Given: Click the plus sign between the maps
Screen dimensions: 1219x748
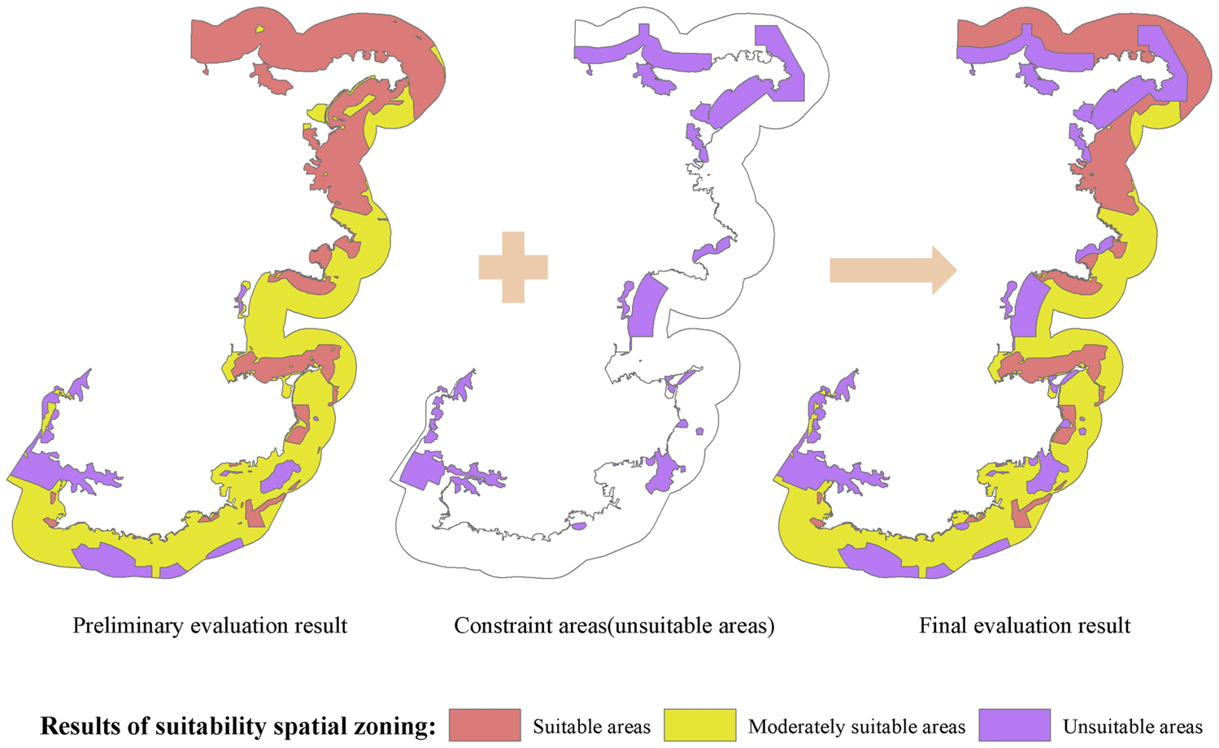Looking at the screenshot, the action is click(513, 267).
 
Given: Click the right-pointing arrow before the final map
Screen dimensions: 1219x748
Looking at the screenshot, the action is click(892, 270).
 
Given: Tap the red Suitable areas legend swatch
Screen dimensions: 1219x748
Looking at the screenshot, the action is click(485, 725).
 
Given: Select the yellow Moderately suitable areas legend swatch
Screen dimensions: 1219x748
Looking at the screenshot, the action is click(699, 725).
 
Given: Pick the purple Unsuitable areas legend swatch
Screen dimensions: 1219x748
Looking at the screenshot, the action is click(1014, 725).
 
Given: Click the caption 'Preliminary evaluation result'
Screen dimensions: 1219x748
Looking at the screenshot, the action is click(210, 625).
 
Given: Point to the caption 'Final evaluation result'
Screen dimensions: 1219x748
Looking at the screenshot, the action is click(1025, 625).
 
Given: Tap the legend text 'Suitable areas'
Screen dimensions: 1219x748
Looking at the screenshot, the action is click(591, 726).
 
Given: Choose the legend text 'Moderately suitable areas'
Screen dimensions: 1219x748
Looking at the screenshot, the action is click(856, 726).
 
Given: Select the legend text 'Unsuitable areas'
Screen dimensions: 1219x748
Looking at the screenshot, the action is click(1132, 726).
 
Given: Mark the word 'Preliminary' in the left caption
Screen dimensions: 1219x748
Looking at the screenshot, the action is click(126, 625).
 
